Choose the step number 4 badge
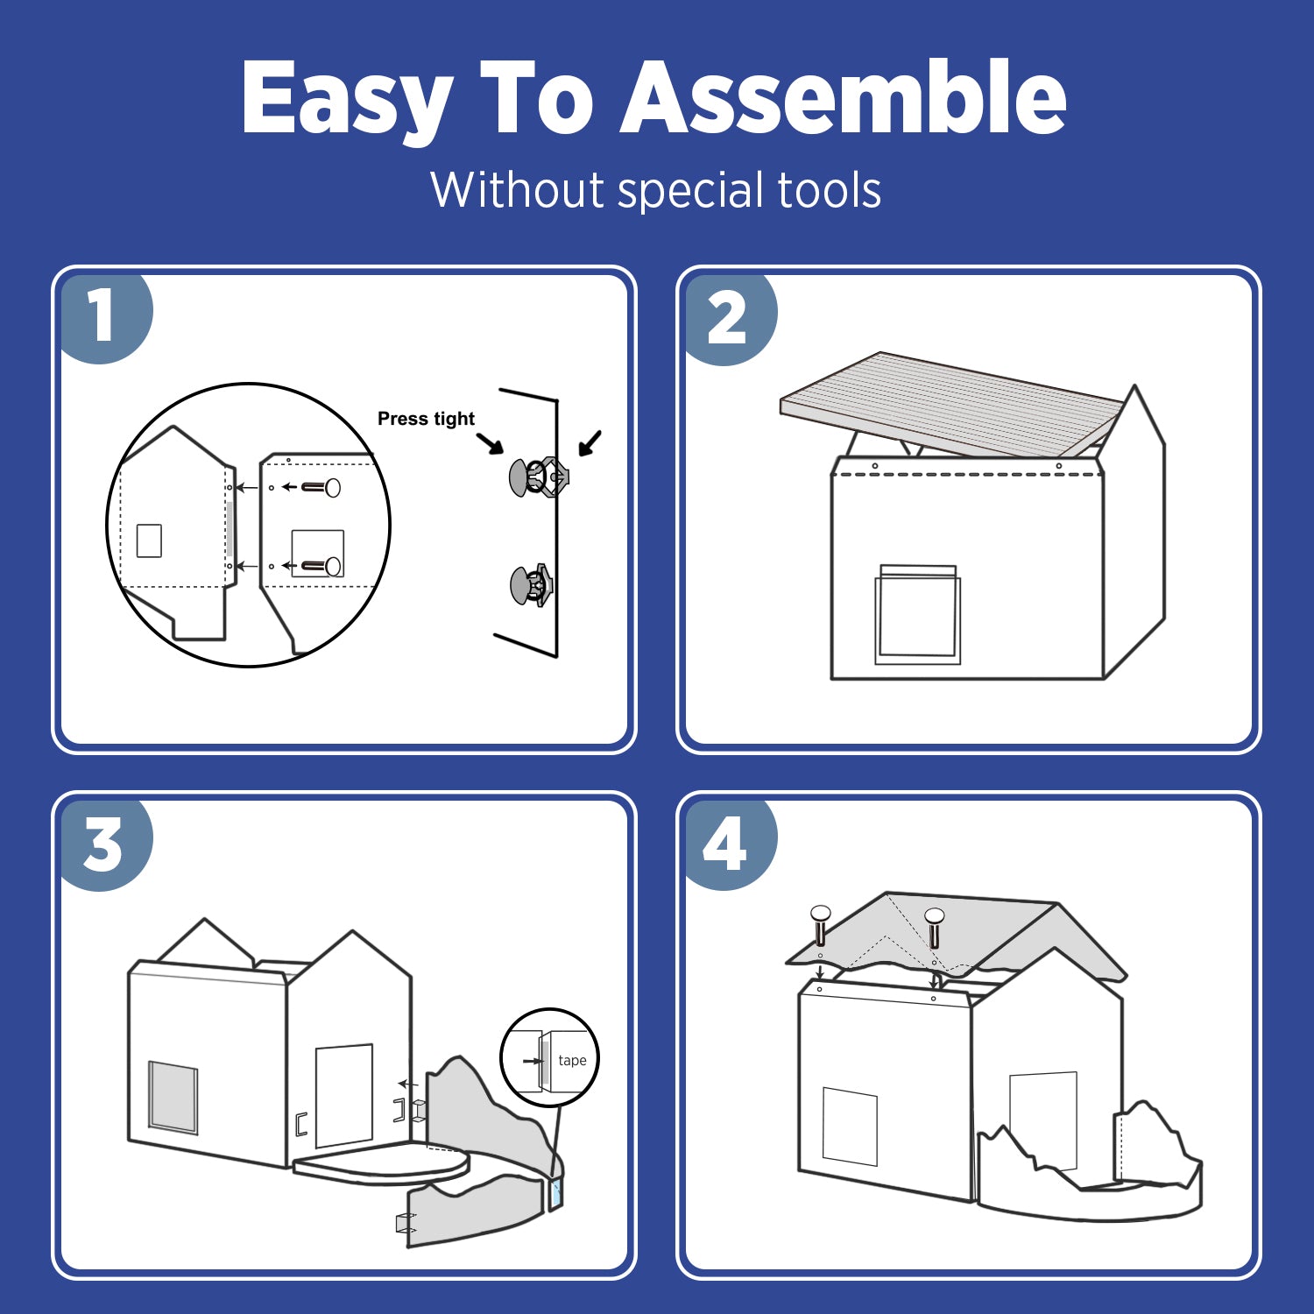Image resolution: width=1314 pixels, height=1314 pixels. point(729,844)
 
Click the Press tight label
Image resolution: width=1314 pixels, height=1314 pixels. point(426,419)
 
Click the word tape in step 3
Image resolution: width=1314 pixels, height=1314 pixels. point(572,1060)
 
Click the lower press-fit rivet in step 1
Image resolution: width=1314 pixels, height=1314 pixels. point(532,585)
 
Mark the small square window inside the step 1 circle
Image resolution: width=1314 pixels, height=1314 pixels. point(150,540)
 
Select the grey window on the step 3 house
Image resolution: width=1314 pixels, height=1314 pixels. point(173,1097)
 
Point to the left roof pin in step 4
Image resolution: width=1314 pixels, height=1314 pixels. point(820,925)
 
